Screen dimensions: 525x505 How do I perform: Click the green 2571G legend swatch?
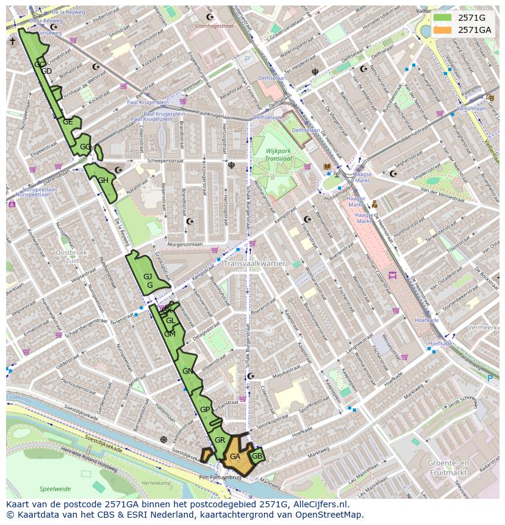coord(444,18)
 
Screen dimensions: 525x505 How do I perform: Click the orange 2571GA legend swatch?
coord(444,30)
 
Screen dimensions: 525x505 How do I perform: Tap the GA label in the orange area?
coord(235,456)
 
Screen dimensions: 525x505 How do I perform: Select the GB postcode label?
coord(257,456)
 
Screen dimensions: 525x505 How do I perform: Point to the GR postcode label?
coord(220,440)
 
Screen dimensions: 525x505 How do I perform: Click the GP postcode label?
coord(205,410)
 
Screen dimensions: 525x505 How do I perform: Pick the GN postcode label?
coord(187,371)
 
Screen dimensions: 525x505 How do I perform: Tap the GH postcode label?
coord(103,180)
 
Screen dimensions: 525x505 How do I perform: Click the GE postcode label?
coord(68,122)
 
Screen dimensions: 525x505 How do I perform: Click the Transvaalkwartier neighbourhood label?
coord(254,264)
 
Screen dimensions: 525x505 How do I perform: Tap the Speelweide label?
coord(55,489)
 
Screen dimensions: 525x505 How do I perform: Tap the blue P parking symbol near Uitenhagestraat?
coord(247,60)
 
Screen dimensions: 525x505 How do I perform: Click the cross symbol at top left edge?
coord(12,41)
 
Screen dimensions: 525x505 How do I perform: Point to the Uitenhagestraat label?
coord(215,26)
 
